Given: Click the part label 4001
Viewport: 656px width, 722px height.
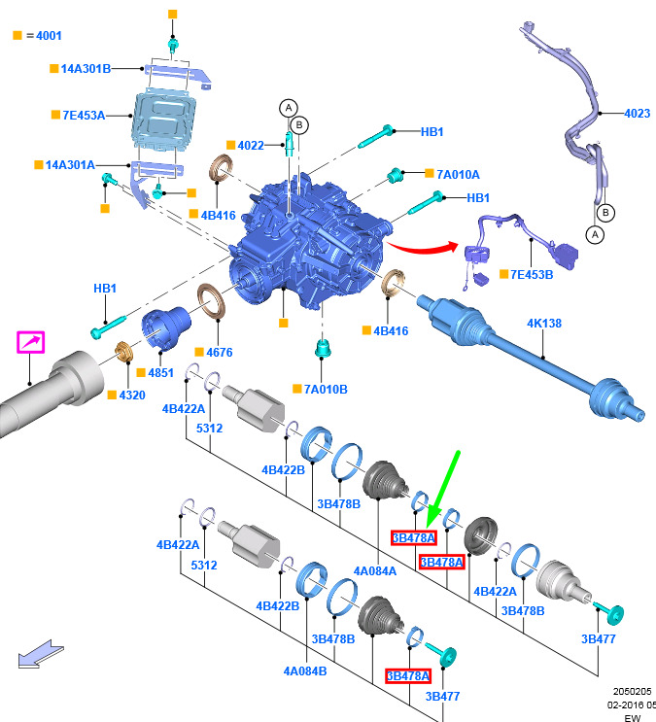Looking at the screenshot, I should (x=45, y=36).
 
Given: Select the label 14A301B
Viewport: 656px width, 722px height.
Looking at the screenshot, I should (x=86, y=68).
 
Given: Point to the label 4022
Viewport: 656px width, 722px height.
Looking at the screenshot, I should (x=251, y=146).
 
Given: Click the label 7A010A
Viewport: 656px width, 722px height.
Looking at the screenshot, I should (x=458, y=174).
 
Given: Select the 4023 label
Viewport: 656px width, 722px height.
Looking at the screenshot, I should (x=637, y=114).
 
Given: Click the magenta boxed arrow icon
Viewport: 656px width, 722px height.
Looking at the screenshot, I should (x=31, y=342).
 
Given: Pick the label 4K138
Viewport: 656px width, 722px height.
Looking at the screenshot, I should (x=544, y=323).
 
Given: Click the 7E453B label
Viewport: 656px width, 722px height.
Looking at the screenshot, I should (x=532, y=274).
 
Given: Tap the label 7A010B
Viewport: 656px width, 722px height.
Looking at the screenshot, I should (x=326, y=389).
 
